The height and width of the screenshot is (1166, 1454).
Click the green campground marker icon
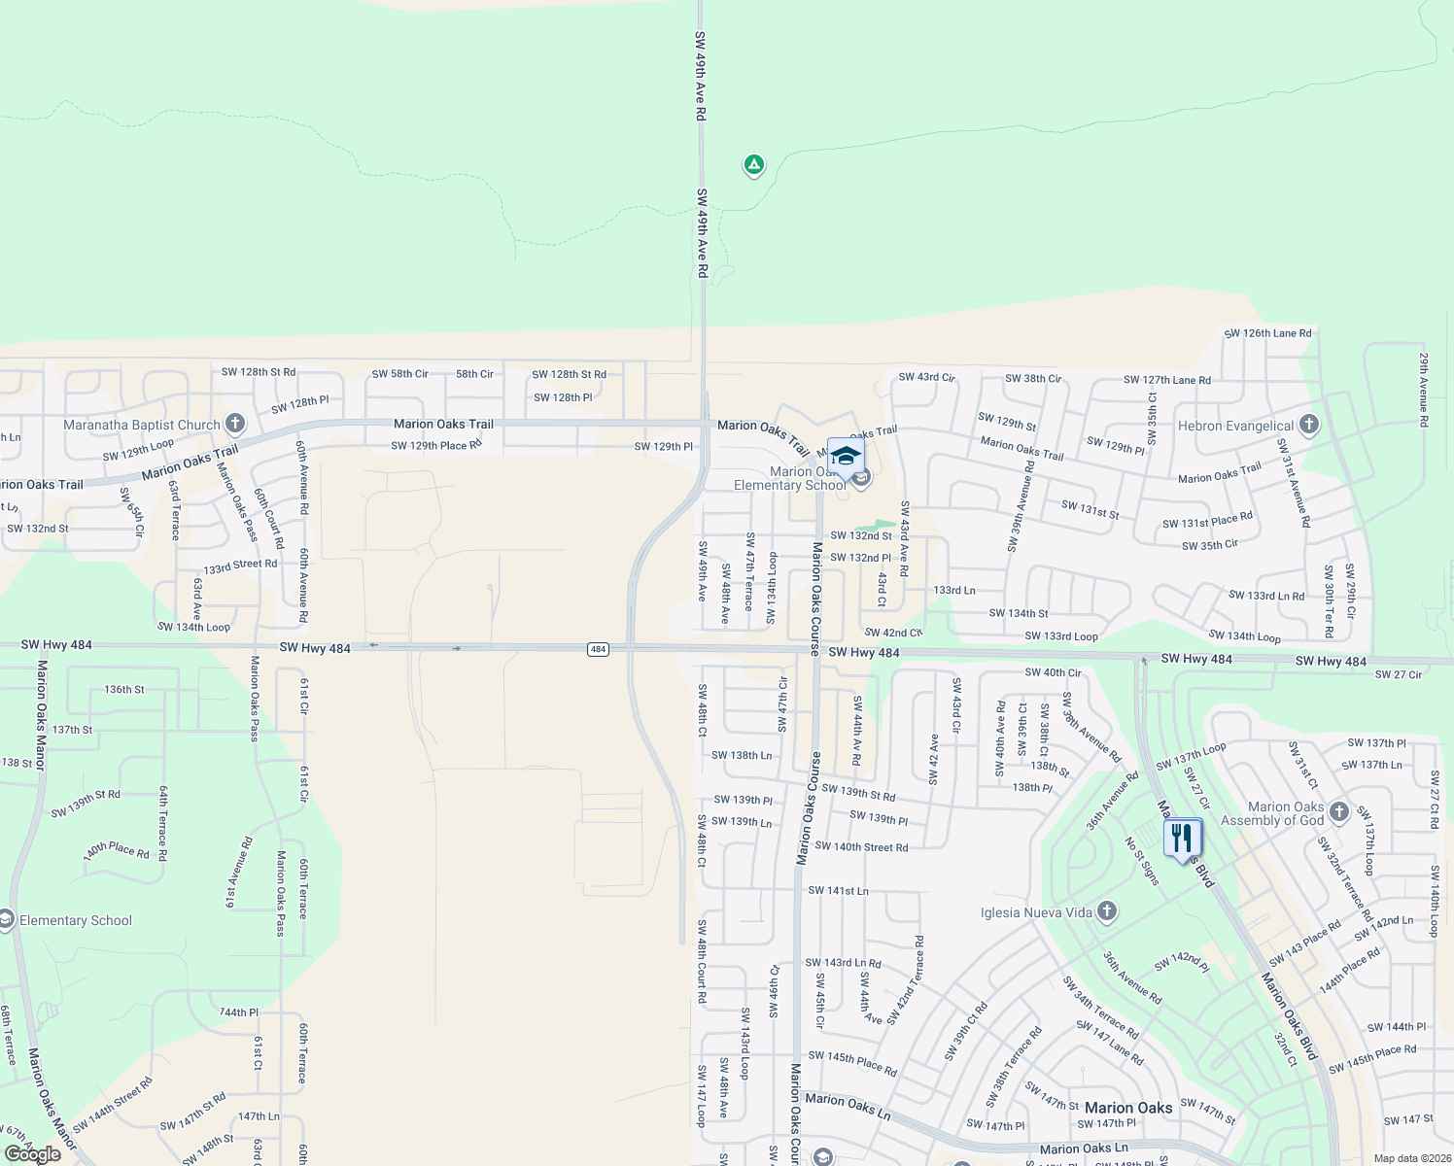click(753, 165)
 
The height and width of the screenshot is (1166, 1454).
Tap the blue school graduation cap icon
click(846, 456)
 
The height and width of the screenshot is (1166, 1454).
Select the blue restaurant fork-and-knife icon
click(1182, 837)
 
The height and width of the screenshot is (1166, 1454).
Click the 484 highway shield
click(598, 649)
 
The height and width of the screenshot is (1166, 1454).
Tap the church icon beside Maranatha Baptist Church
click(234, 424)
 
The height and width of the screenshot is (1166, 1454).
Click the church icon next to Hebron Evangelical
click(1309, 425)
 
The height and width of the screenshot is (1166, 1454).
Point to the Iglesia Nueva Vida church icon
click(1107, 911)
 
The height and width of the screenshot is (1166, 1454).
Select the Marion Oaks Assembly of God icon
click(1339, 811)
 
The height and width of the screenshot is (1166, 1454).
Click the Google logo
click(32, 1154)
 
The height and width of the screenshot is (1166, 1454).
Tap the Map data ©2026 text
click(1409, 1158)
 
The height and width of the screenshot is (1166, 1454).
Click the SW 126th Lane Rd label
click(1267, 333)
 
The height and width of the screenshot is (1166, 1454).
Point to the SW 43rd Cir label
click(926, 377)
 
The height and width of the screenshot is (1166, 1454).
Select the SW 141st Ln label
click(838, 890)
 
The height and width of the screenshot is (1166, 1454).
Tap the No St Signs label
click(1142, 861)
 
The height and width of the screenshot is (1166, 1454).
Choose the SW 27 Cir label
click(1398, 674)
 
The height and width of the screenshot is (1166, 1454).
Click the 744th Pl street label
click(239, 1012)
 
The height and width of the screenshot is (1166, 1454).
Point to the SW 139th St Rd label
click(858, 793)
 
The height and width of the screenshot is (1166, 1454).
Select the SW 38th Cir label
click(1033, 379)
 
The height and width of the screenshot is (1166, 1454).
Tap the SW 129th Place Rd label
click(436, 446)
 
